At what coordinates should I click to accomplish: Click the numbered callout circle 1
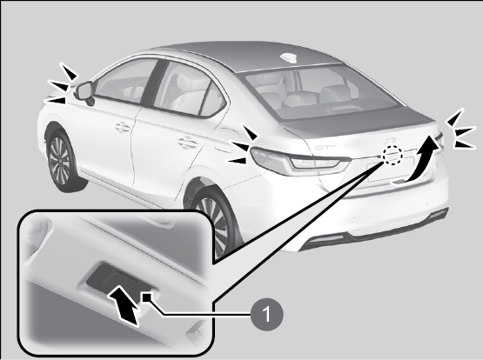[x=267, y=314]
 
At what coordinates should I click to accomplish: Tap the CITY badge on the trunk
[x=325, y=147]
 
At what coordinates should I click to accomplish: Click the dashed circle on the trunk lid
[x=392, y=155]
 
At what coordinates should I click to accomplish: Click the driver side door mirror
[x=84, y=91]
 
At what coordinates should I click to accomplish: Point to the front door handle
[x=123, y=127]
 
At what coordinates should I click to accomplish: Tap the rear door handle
[x=187, y=143]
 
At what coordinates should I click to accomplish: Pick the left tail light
[x=299, y=161]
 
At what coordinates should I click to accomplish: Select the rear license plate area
[x=390, y=170]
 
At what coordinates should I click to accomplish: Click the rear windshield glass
[x=320, y=92]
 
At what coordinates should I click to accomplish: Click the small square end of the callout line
[x=146, y=297]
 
